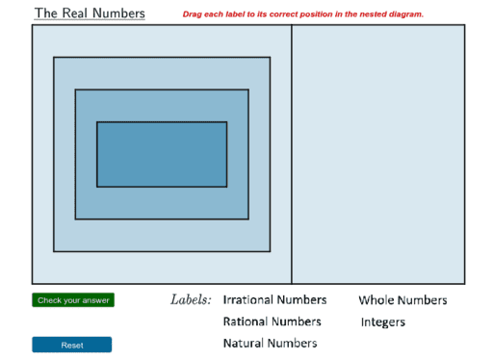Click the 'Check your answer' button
[72, 300]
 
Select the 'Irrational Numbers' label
[274, 300]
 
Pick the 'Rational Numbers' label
[272, 321]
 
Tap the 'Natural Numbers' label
[270, 343]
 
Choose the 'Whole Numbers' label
[402, 300]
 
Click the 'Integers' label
[383, 322]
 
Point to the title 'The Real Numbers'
[90, 13]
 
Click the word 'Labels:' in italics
[191, 300]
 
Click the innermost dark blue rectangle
[162, 154]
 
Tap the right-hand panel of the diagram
[377, 154]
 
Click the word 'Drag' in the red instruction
[192, 14]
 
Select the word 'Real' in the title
[79, 13]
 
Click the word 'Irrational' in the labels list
[248, 300]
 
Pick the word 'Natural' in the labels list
[244, 343]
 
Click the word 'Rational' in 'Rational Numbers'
[246, 321]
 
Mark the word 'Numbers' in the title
[121, 13]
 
